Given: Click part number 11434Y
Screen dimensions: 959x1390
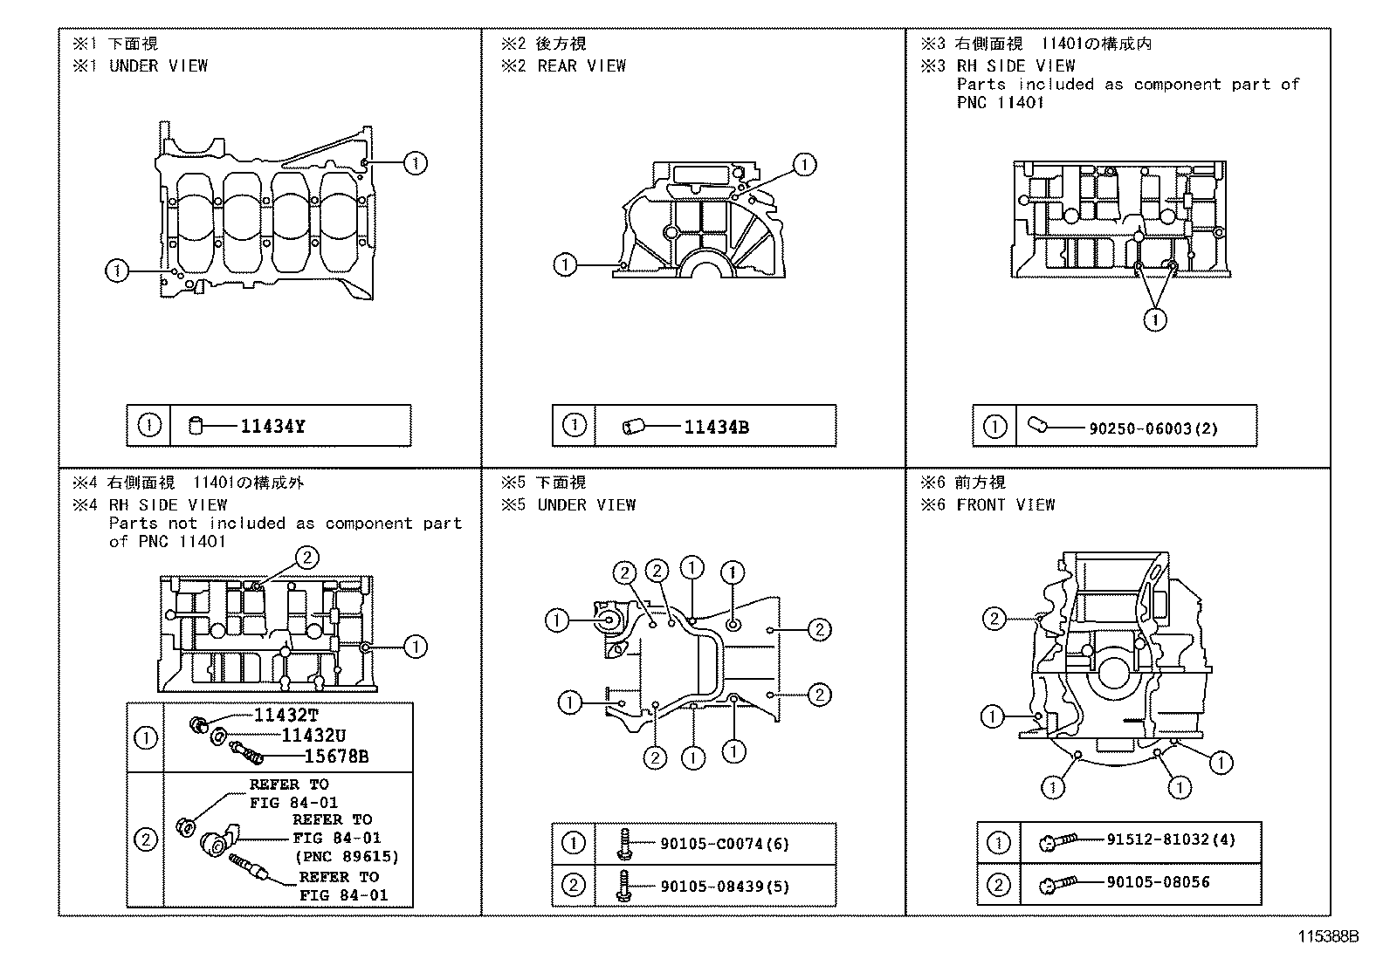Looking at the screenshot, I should [x=272, y=427].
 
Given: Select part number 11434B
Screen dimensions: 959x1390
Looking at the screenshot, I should [x=716, y=428].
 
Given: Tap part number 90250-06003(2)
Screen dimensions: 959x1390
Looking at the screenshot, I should [x=1153, y=428].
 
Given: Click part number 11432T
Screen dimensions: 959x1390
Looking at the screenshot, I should [x=286, y=716].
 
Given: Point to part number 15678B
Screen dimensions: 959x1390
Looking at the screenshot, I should [x=335, y=757].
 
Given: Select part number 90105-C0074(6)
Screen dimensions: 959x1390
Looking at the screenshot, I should [x=725, y=844].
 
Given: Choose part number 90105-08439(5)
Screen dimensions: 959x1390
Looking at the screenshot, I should [x=725, y=887].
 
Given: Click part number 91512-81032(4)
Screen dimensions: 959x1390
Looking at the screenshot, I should [x=1170, y=839].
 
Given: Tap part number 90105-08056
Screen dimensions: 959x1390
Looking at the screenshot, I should [x=1158, y=882].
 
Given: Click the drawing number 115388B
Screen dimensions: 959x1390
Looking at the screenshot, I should [x=1328, y=937].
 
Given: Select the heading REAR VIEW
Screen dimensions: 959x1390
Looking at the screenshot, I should [x=581, y=65].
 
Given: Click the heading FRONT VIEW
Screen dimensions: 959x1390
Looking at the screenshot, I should [x=1005, y=504].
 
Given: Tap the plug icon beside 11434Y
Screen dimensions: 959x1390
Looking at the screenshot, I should [x=196, y=427].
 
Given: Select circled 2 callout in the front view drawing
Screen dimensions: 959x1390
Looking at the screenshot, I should [x=994, y=619].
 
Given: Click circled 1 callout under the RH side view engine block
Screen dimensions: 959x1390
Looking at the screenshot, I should [x=1154, y=320].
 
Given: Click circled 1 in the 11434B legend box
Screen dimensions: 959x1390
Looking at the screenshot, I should [x=574, y=426].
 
